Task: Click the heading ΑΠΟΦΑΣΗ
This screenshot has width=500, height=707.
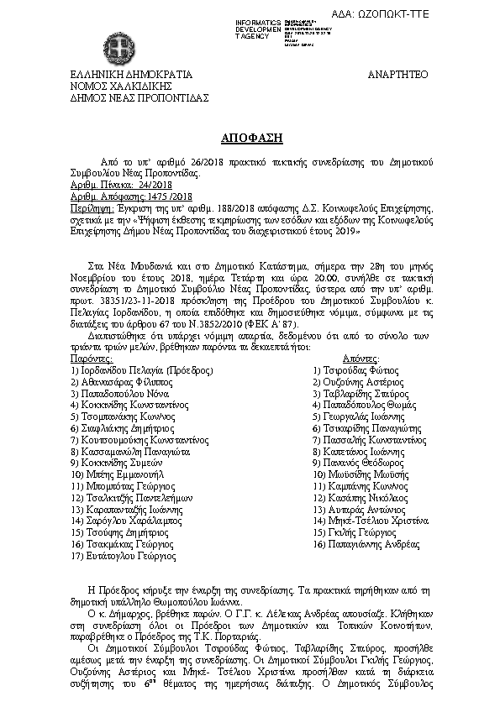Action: [250, 137]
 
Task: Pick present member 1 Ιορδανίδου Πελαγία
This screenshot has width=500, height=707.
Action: [142, 369]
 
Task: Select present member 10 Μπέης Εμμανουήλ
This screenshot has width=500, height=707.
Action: [124, 474]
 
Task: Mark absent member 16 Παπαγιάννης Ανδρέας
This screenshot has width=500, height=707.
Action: [366, 544]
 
